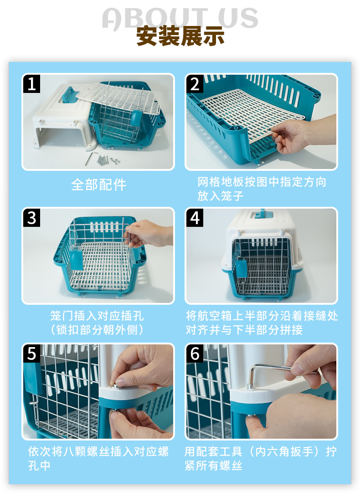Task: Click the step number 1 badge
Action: [x=32, y=84]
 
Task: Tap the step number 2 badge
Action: [x=195, y=84]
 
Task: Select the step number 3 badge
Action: [x=32, y=218]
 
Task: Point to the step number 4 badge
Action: [x=195, y=218]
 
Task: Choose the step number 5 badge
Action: [x=32, y=354]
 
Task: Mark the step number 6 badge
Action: [x=195, y=354]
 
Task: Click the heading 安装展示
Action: [x=180, y=36]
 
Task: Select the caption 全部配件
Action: [x=98, y=184]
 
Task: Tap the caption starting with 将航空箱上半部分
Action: [x=262, y=323]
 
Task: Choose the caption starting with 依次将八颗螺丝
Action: [x=98, y=458]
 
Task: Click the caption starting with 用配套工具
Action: [x=261, y=458]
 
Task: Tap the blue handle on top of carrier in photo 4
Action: [x=262, y=214]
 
